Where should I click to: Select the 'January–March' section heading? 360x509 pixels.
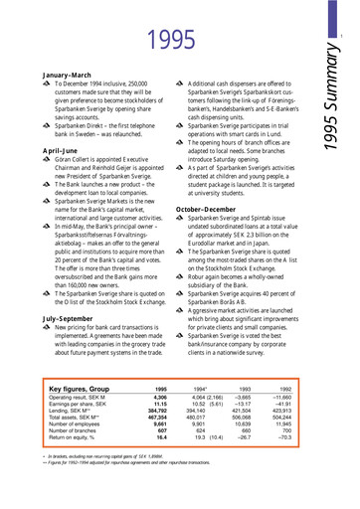67,76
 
